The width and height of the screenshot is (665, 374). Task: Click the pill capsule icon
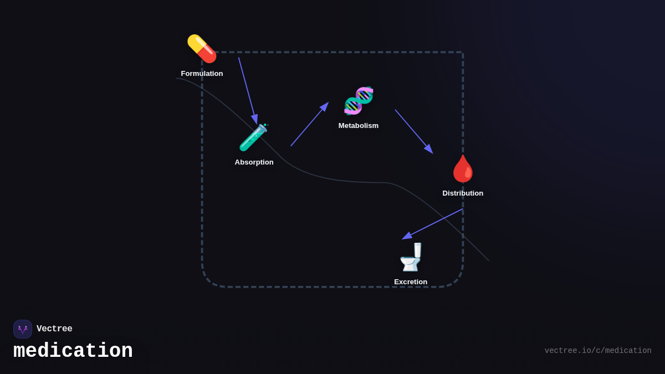pos(202,49)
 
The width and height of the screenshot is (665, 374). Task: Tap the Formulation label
pos(202,74)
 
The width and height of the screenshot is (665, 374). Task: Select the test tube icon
pos(253,137)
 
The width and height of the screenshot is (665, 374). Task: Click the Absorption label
pos(254,162)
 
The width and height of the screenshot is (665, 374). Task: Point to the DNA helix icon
pos(359,100)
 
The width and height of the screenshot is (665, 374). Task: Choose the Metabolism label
pos(359,126)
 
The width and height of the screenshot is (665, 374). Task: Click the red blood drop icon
pos(463,168)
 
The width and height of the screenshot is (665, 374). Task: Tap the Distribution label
pos(463,193)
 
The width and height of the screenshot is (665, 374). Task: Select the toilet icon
pos(411,257)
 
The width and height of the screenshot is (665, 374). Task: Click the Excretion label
pos(411,282)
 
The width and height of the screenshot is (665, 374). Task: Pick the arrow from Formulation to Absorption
pos(247,90)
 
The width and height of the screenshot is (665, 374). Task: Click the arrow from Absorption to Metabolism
pos(309,125)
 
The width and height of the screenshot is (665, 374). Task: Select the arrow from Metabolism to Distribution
pos(413,131)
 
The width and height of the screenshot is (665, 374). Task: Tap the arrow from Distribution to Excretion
pos(433,224)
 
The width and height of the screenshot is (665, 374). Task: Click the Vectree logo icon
pos(23,329)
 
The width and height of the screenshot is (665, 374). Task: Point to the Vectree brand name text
pos(54,329)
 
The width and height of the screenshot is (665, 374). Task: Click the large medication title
pos(73,351)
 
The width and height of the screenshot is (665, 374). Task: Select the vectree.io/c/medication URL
pos(598,351)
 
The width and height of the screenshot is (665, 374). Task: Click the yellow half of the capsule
pos(196,43)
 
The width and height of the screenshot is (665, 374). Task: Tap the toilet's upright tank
pos(417,250)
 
